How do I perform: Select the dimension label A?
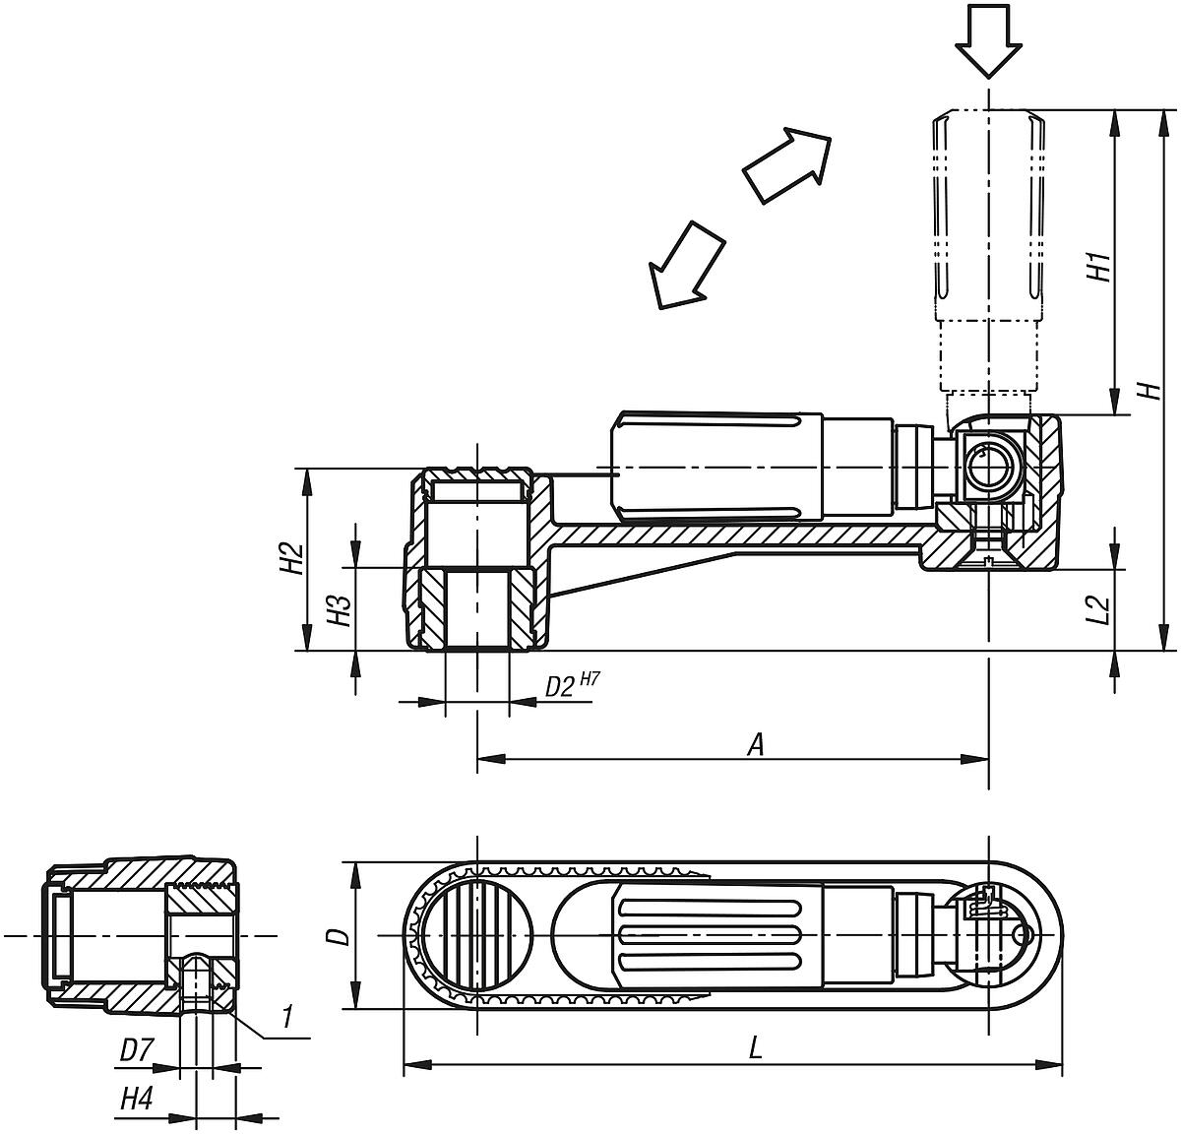click(755, 745)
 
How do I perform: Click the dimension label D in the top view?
click(338, 935)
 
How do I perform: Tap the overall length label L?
click(755, 1048)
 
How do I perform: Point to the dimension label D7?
click(135, 1051)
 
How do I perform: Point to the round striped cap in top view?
click(477, 934)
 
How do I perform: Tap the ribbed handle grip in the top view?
click(714, 934)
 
